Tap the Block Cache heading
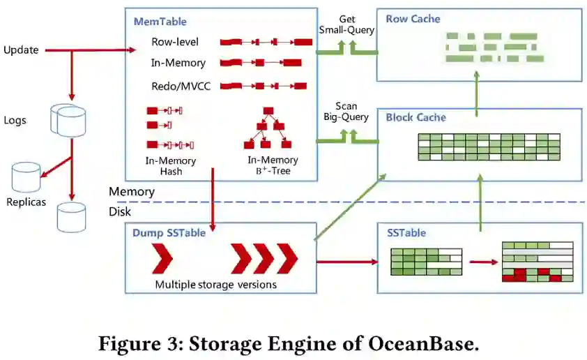[x=416, y=117]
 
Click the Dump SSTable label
[x=169, y=233]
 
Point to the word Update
[x=21, y=50]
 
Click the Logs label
[x=15, y=120]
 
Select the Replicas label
[x=26, y=202]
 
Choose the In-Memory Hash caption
[x=171, y=166]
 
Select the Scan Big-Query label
[x=346, y=112]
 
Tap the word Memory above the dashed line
[x=131, y=191]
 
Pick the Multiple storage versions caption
[x=215, y=284]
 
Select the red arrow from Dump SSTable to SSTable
[x=346, y=262]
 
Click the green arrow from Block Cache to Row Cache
[x=477, y=95]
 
